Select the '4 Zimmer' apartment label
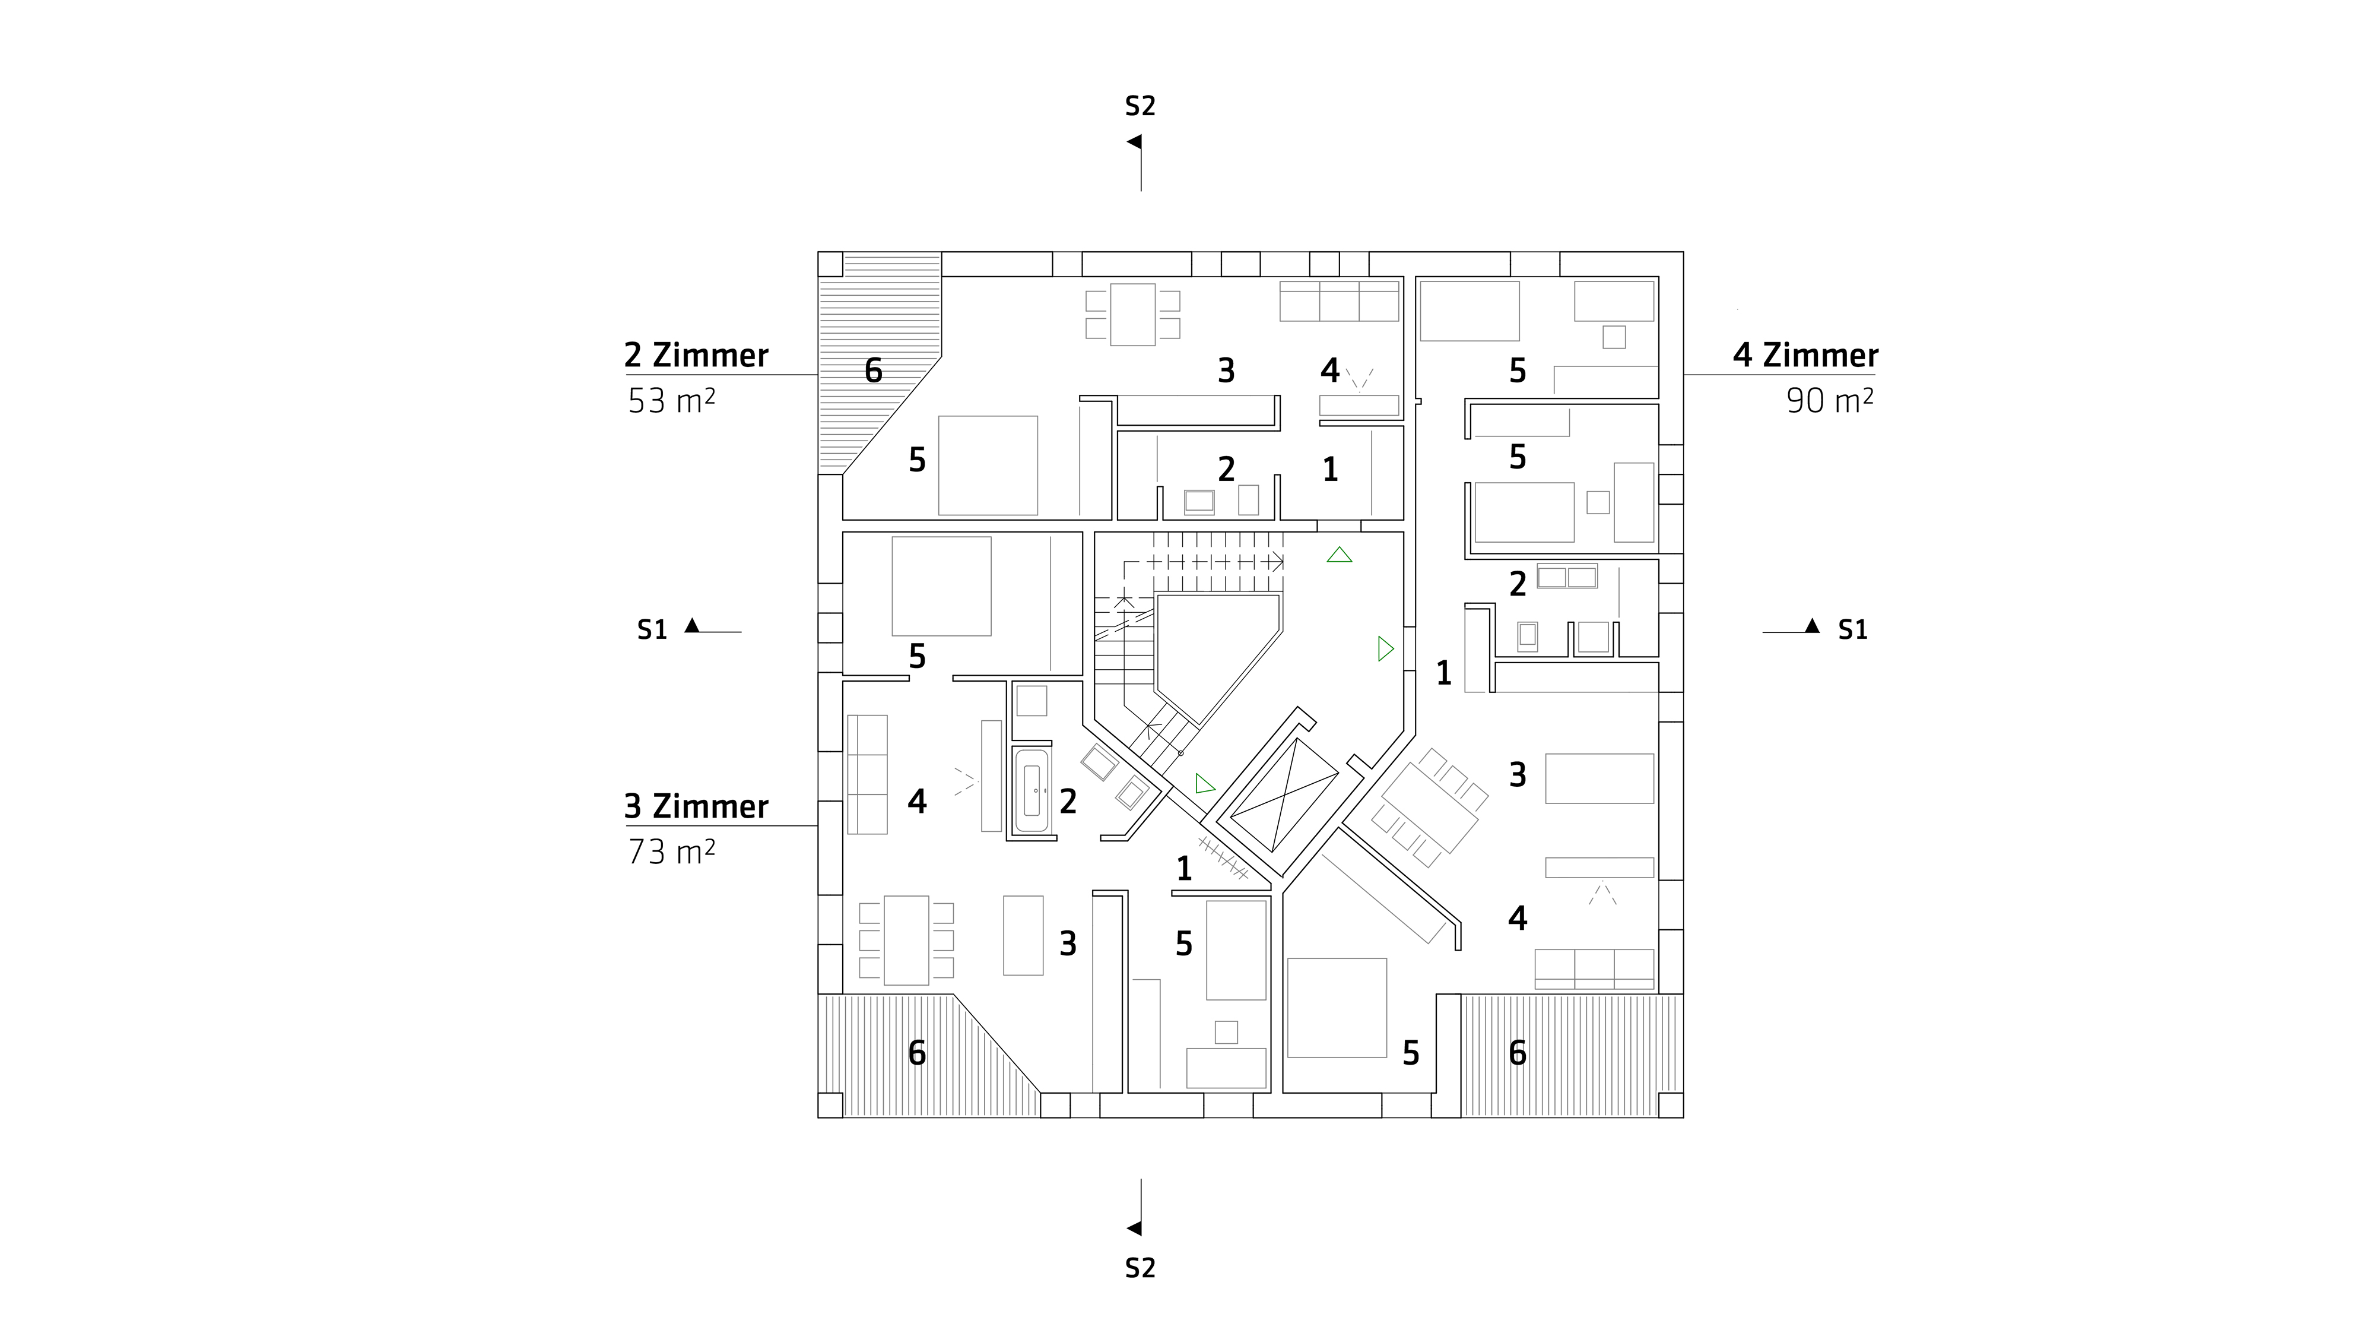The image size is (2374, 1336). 1804,355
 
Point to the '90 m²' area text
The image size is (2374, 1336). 1829,401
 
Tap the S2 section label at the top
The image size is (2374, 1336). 1140,107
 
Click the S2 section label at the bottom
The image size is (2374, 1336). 1140,1269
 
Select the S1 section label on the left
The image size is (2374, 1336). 652,630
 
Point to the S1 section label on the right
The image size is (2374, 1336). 1852,630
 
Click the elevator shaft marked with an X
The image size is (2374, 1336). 1284,795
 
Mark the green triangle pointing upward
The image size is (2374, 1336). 1339,555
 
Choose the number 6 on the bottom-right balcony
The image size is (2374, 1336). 1518,1052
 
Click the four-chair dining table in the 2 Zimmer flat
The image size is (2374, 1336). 1132,315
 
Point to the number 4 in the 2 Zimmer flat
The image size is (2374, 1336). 1329,371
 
